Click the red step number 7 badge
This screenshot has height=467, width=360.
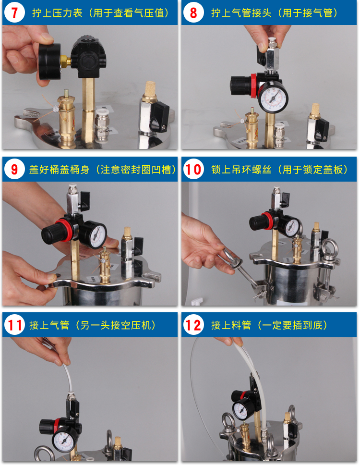coord(14,12)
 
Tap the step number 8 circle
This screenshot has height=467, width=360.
coord(193,12)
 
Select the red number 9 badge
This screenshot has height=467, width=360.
coord(14,169)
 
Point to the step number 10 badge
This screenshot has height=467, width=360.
coord(193,169)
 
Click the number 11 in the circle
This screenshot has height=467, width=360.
coord(14,325)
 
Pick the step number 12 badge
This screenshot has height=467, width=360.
coord(193,325)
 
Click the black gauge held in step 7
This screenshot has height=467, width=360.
coord(50,61)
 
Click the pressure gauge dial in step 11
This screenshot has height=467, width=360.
coord(65,442)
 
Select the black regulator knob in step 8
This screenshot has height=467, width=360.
coord(240,86)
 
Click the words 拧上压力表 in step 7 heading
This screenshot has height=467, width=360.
coord(57,13)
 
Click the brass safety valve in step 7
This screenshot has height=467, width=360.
coord(67,119)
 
